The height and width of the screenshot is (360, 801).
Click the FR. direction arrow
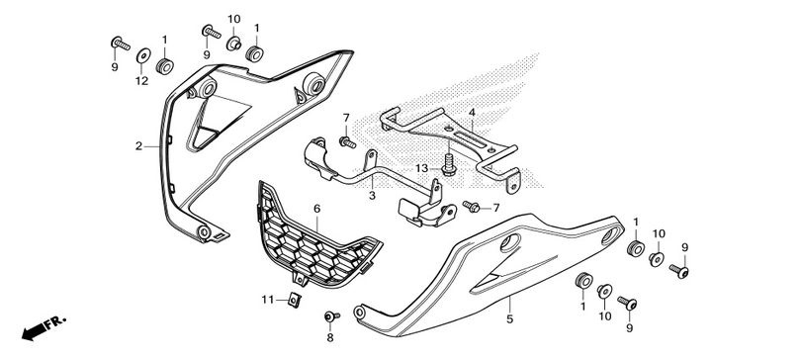(x=44, y=327)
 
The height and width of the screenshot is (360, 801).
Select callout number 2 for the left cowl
(x=139, y=146)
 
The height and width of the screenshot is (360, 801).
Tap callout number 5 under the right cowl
(x=510, y=319)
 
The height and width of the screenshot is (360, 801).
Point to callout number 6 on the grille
(x=316, y=209)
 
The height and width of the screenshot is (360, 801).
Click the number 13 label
(x=421, y=168)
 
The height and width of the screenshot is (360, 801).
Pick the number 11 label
(x=268, y=301)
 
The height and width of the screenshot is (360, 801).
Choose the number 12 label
(x=141, y=81)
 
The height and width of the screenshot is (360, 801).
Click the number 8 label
(x=330, y=337)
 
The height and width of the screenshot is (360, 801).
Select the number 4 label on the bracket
(x=472, y=113)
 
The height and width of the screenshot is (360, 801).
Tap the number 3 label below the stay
(x=372, y=196)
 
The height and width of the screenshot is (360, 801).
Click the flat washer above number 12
(x=143, y=55)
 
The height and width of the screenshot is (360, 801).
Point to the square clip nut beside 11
(x=294, y=301)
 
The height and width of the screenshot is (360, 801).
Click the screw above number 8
(x=331, y=317)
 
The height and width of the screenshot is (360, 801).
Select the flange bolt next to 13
(x=449, y=165)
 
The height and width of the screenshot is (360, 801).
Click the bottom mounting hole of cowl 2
(x=204, y=232)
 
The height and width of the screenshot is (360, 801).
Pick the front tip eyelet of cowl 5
(x=360, y=312)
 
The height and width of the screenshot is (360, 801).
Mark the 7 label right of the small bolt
(x=496, y=208)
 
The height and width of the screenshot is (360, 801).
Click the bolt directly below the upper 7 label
(x=347, y=142)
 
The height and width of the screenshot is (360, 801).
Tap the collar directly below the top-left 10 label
(x=234, y=44)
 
